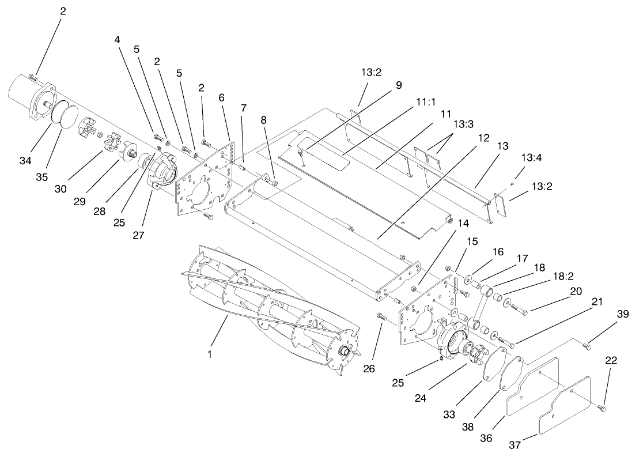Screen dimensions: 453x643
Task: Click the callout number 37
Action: (x=514, y=444)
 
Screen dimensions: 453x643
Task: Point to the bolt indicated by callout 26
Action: (x=380, y=315)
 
